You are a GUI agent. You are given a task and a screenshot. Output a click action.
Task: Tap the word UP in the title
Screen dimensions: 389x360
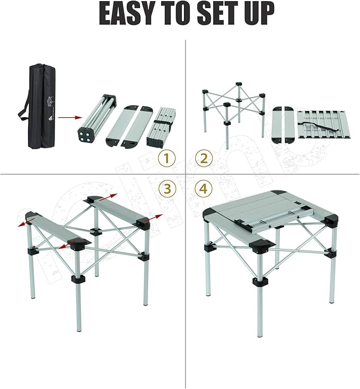[258, 14]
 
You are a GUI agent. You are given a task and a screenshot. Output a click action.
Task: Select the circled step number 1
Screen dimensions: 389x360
[168, 158]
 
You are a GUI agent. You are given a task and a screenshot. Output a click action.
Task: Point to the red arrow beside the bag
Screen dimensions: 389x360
[68, 117]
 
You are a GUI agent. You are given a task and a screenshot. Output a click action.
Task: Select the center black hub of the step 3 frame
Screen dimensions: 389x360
[95, 231]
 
